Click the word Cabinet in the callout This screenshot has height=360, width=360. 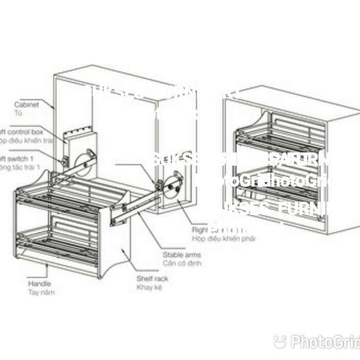(27, 105)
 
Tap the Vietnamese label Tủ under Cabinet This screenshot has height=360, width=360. (18, 113)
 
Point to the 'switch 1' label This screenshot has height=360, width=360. (18, 159)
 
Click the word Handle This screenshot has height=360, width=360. (39, 284)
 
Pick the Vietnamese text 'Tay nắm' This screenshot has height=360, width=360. (41, 292)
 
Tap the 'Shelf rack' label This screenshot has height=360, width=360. (152, 279)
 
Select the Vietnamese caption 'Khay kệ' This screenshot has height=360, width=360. (149, 287)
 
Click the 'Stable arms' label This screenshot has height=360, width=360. (182, 255)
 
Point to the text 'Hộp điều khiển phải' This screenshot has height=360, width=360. (223, 239)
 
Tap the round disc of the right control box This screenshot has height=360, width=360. (174, 186)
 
